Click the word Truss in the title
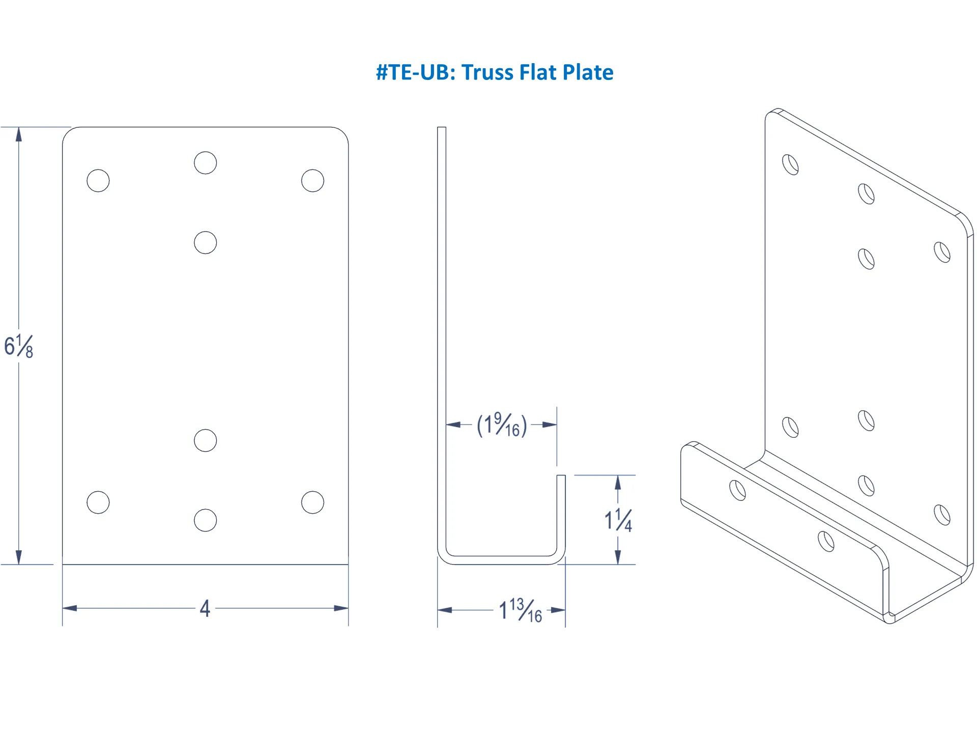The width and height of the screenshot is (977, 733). (x=488, y=72)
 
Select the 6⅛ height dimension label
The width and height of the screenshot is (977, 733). (x=19, y=347)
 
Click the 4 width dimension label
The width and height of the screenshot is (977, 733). (x=205, y=608)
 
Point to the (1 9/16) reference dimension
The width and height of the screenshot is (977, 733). (x=502, y=425)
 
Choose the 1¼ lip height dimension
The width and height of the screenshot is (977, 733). (x=618, y=520)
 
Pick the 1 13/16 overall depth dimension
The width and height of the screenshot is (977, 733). (x=521, y=610)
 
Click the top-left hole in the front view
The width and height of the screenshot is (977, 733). (x=98, y=181)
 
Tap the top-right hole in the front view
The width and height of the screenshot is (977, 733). (x=312, y=181)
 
